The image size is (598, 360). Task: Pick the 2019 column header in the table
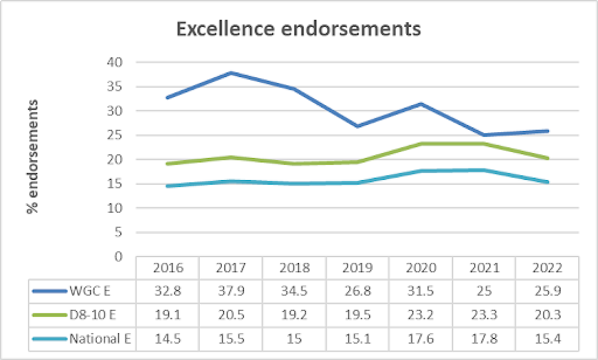click(x=357, y=266)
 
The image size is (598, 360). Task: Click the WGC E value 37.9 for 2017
click(x=230, y=291)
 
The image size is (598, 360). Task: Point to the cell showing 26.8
click(x=357, y=291)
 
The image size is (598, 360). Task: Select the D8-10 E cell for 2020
click(x=420, y=316)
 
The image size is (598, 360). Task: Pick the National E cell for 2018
click(x=294, y=340)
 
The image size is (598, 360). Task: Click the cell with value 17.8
click(x=484, y=340)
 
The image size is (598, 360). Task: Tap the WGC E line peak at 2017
click(x=230, y=73)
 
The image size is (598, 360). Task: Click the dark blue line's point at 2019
click(x=357, y=126)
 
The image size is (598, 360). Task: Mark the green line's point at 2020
click(x=420, y=144)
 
